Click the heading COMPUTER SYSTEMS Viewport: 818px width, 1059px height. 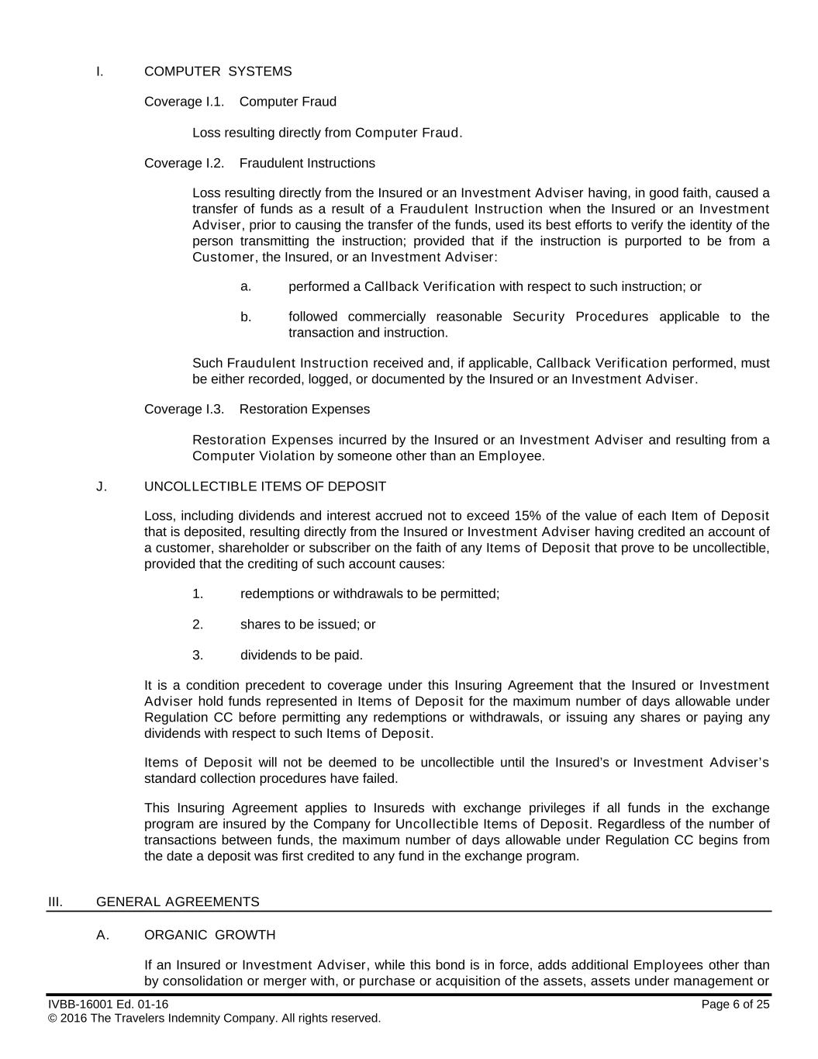click(218, 71)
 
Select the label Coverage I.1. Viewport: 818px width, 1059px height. click(184, 102)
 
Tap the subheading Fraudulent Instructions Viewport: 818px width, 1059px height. click(307, 163)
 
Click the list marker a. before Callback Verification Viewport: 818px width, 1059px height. click(246, 286)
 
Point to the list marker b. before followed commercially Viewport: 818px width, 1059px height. click(246, 317)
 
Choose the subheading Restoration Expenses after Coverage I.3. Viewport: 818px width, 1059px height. click(305, 409)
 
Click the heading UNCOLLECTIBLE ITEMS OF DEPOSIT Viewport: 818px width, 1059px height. click(264, 486)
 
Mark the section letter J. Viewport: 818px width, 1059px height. click(101, 486)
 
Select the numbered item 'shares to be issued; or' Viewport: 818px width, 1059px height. click(308, 625)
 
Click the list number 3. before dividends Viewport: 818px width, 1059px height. click(198, 655)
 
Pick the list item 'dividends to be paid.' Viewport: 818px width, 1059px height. click(302, 655)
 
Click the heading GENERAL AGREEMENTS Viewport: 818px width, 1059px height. click(178, 902)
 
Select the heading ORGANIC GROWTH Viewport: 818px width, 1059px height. click(209, 935)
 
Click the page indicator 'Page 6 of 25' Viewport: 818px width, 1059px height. click(735, 1005)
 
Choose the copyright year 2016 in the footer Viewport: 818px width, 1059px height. click(74, 1018)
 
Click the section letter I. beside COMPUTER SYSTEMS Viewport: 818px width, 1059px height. click(99, 71)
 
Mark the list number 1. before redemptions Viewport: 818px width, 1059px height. click(198, 594)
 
